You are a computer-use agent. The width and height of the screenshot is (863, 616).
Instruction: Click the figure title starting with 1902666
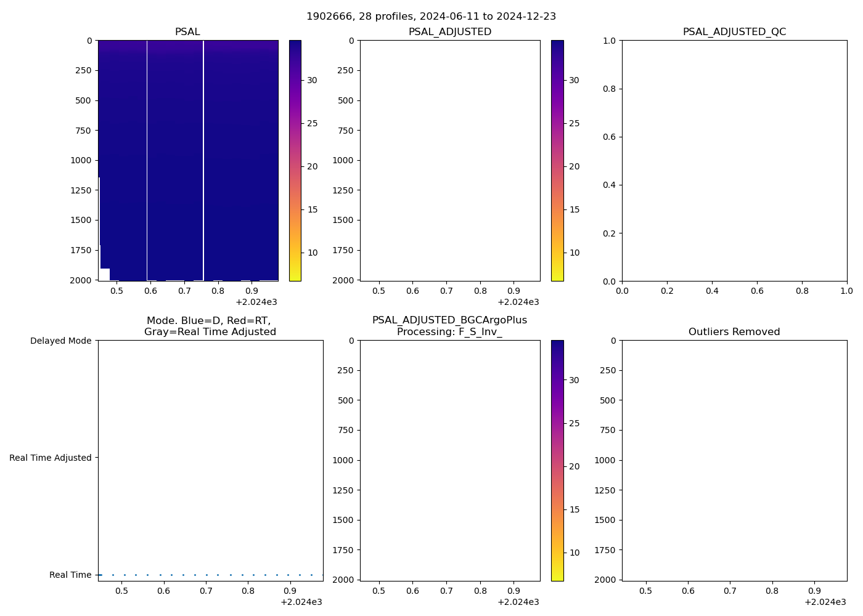point(431,16)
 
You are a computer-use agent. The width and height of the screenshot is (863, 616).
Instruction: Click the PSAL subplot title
point(187,32)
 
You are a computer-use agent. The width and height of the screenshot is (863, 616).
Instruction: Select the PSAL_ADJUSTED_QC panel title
point(734,32)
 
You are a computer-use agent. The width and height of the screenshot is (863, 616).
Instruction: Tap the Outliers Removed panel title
point(734,332)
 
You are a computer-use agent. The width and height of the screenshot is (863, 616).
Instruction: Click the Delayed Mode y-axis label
point(60,341)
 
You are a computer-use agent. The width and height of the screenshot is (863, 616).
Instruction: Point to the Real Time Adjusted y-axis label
point(51,458)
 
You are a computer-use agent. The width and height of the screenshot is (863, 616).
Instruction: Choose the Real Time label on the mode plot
point(70,575)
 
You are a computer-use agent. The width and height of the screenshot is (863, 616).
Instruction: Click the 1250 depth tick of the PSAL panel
point(81,190)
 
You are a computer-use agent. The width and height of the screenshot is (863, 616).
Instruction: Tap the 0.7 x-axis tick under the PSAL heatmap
point(184,291)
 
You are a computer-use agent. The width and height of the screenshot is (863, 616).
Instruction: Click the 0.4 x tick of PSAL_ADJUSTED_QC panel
point(712,291)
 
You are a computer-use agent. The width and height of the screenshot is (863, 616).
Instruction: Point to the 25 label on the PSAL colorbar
point(313,123)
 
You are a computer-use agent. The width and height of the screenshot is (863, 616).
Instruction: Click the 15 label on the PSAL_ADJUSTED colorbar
point(574,209)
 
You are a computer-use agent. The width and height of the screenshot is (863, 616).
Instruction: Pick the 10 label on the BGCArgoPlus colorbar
point(574,553)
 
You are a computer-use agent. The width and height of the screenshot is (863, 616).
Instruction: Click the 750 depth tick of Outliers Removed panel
point(608,430)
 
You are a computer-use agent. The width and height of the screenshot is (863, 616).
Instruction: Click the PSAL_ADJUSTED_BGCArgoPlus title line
point(449,320)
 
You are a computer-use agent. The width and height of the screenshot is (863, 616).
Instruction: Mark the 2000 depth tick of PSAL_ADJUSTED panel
point(343,280)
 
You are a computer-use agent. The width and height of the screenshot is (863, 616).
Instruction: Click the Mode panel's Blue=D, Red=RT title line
point(208,320)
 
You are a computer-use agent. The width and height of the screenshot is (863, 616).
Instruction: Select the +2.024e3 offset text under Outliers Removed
point(825,602)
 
